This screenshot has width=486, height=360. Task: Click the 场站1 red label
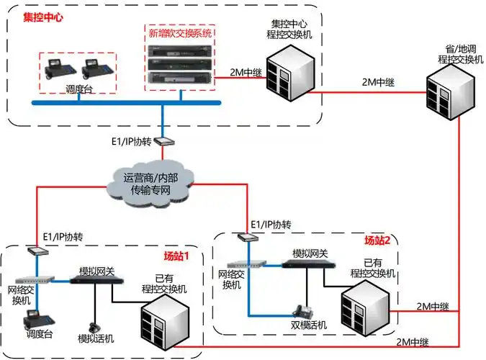click(x=176, y=255)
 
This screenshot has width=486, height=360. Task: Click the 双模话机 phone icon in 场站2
click(x=302, y=312)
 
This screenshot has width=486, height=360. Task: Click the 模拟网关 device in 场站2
click(x=309, y=263)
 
